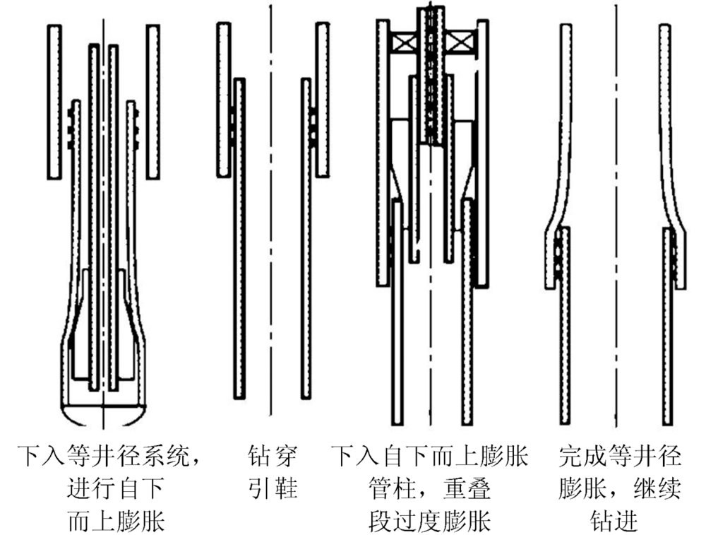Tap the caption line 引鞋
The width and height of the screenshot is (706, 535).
271,488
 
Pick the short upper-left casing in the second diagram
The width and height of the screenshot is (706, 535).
225,99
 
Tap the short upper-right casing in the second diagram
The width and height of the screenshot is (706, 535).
321,99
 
